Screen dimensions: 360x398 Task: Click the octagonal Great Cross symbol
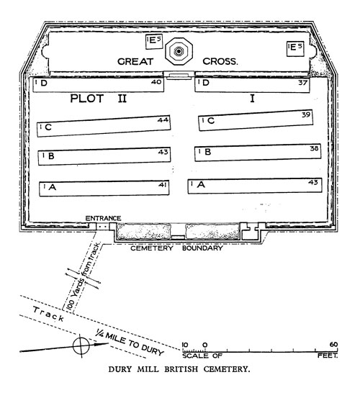pyautogui.click(x=179, y=51)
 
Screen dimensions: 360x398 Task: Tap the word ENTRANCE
pyautogui.click(x=103, y=218)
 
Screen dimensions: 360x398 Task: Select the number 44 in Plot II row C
pyautogui.click(x=163, y=119)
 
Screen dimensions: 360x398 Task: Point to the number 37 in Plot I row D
pyautogui.click(x=303, y=83)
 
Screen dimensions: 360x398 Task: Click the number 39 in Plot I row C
pyautogui.click(x=306, y=114)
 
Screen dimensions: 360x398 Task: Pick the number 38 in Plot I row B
pyautogui.click(x=314, y=148)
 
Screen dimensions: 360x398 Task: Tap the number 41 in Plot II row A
pyautogui.click(x=163, y=185)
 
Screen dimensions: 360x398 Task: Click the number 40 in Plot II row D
pyautogui.click(x=156, y=82)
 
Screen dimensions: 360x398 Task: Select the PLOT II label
pyautogui.click(x=98, y=99)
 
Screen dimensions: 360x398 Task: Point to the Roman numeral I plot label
pyautogui.click(x=252, y=98)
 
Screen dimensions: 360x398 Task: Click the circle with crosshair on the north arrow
pyautogui.click(x=81, y=345)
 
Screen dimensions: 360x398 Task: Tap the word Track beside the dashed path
pyautogui.click(x=48, y=314)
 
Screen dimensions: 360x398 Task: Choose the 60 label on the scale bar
pyautogui.click(x=333, y=345)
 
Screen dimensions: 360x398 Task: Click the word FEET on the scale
pyautogui.click(x=328, y=356)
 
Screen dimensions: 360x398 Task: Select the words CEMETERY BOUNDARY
pyautogui.click(x=176, y=248)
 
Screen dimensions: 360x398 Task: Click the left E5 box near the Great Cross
pyautogui.click(x=154, y=42)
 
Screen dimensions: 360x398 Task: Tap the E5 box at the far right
pyautogui.click(x=295, y=48)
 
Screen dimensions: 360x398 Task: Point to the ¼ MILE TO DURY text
pyautogui.click(x=129, y=342)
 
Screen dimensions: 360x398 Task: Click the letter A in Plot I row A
pyautogui.click(x=201, y=184)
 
